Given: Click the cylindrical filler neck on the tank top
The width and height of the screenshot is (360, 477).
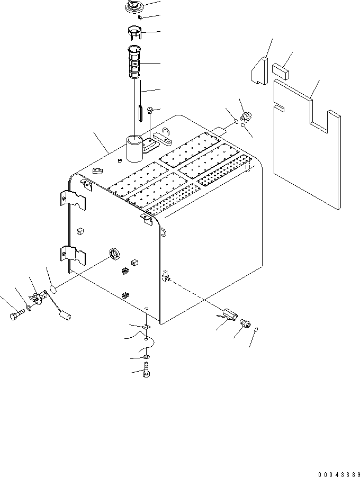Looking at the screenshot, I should pos(134,149).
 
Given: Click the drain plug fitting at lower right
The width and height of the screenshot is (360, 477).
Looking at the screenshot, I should pos(245,322).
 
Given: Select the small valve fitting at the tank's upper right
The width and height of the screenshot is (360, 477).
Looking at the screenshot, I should pos(245,118).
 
